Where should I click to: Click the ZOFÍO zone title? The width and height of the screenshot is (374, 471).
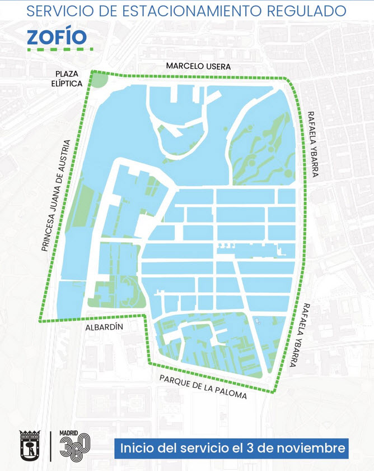(x=57, y=36)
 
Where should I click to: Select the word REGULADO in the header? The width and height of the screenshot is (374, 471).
(x=307, y=10)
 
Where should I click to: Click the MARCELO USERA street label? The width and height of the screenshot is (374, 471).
(x=198, y=67)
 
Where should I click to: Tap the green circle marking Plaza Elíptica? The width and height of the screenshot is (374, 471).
(x=100, y=80)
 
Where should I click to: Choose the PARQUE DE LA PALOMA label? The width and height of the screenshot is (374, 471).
(x=203, y=387)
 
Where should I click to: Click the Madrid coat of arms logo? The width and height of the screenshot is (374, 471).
(x=29, y=446)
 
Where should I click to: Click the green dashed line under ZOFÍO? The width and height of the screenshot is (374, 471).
(x=60, y=50)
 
